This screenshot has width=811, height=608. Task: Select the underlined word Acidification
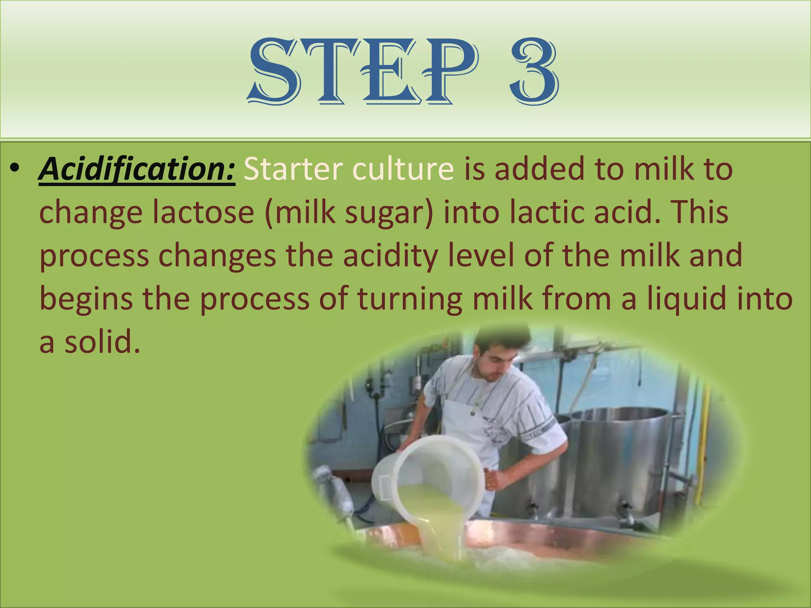pyautogui.click(x=137, y=169)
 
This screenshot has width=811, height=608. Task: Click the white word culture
pyautogui.click(x=403, y=169)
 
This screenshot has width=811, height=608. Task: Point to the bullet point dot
pyautogui.click(x=15, y=169)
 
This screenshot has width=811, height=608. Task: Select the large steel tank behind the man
pyautogui.click(x=622, y=455)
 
